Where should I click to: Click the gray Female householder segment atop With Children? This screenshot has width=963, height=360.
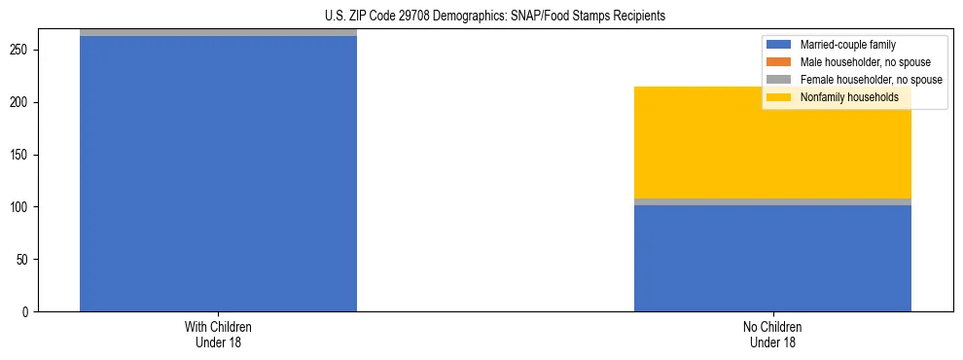pos(218,32)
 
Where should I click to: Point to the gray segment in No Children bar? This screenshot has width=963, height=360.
pos(772,201)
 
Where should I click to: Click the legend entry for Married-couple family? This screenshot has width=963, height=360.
pos(847,45)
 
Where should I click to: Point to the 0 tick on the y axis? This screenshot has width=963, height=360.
pos(28,312)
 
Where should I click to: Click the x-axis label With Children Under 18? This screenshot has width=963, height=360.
pos(218,334)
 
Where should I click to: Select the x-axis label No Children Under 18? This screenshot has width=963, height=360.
pos(772,334)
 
